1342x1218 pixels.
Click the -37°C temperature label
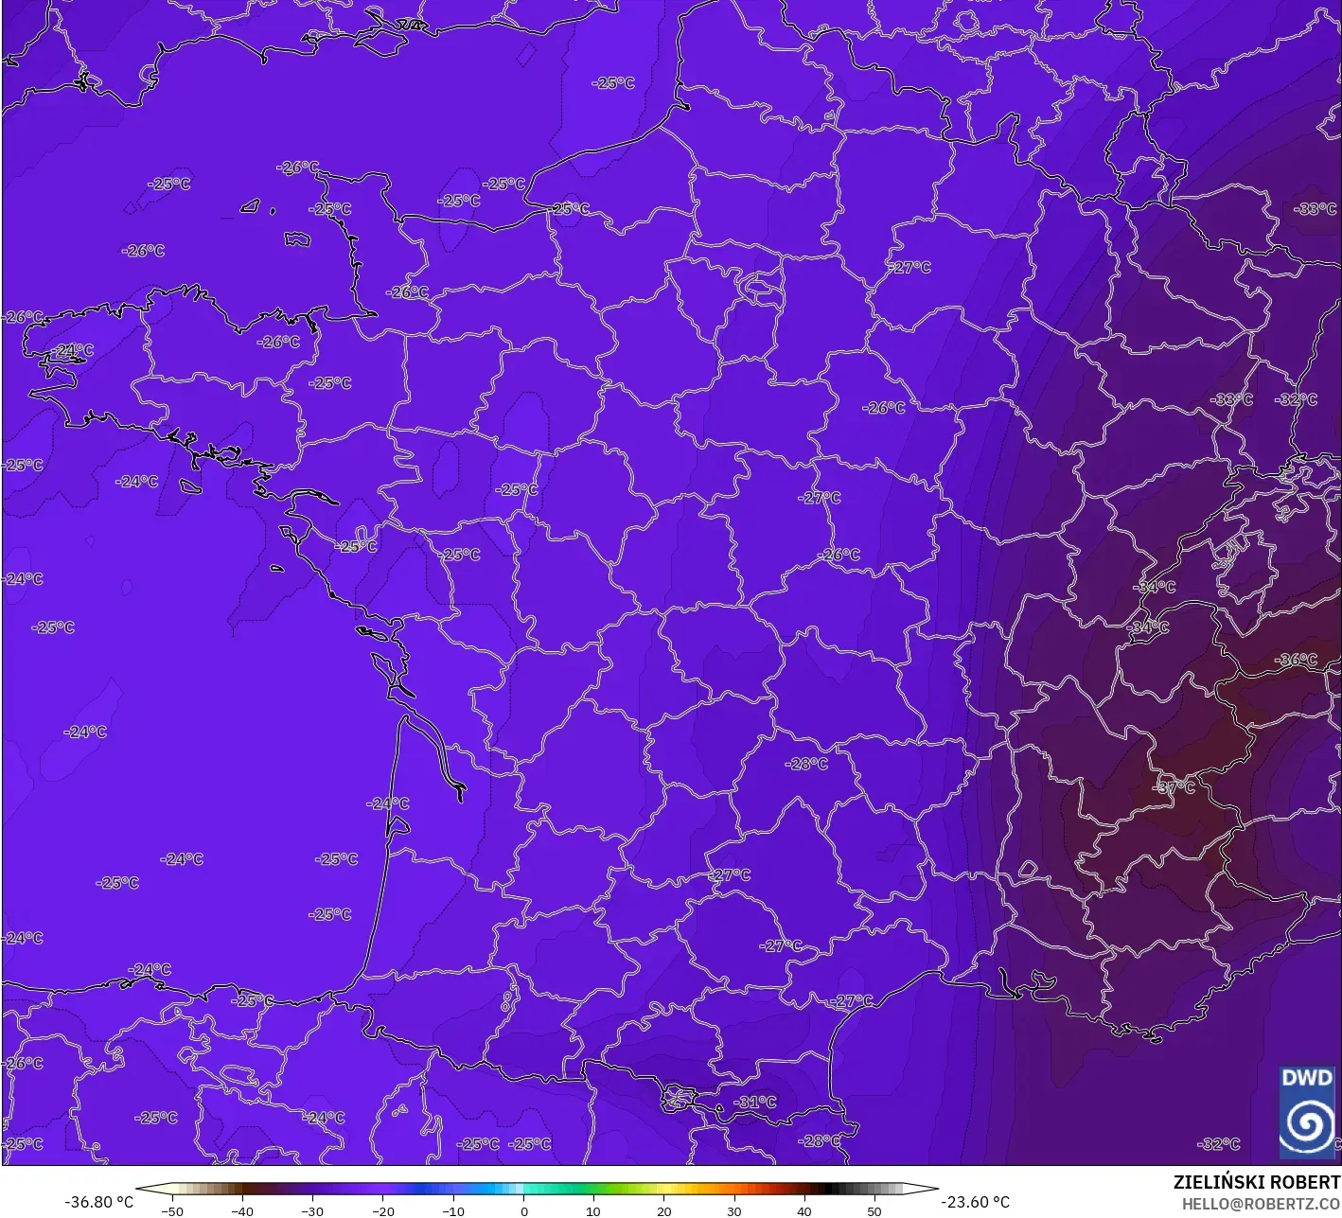pyautogui.click(x=1175, y=787)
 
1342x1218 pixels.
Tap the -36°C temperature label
pyautogui.click(x=1297, y=660)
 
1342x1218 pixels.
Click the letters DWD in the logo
pyautogui.click(x=1306, y=1078)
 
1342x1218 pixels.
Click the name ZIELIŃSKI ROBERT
pyautogui.click(x=1256, y=1182)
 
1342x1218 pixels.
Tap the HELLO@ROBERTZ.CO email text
pyautogui.click(x=1261, y=1203)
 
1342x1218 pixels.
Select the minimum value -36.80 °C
pyautogui.click(x=98, y=1202)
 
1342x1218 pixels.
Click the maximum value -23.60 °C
pyautogui.click(x=975, y=1202)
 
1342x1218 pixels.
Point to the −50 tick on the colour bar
pyautogui.click(x=171, y=1210)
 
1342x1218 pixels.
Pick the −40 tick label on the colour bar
pyautogui.click(x=242, y=1210)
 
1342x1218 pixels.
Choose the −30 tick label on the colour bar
pyautogui.click(x=312, y=1210)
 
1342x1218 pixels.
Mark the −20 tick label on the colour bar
pyautogui.click(x=382, y=1210)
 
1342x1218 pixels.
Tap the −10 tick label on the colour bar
pyautogui.click(x=452, y=1210)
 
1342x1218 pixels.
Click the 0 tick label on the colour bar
pyautogui.click(x=523, y=1210)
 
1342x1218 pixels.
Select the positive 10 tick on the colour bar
pyautogui.click(x=593, y=1210)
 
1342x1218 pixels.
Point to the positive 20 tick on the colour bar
pyautogui.click(x=663, y=1210)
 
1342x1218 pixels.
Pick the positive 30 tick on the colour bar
pyautogui.click(x=734, y=1210)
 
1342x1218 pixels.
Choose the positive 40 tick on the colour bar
pyautogui.click(x=804, y=1210)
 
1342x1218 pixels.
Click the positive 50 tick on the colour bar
pyautogui.click(x=874, y=1210)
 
